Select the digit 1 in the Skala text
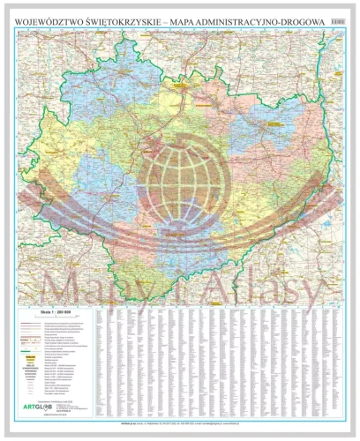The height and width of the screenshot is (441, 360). tap(58, 311)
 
